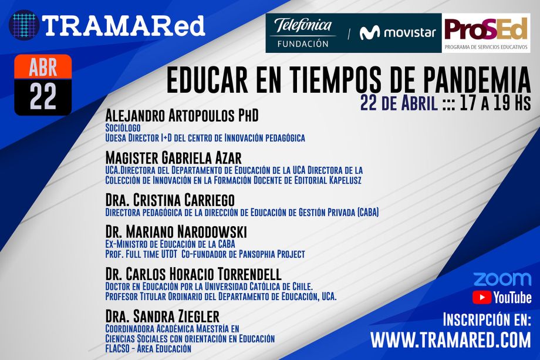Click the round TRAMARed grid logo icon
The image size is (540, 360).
tap(23, 25)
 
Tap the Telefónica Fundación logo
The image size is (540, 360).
tap(303, 33)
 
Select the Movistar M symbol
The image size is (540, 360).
tap(370, 33)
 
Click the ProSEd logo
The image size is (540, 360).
tap(486, 33)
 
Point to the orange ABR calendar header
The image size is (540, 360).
tap(43, 67)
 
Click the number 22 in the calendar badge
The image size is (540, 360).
tap(43, 97)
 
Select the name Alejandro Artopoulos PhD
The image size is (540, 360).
tap(182, 116)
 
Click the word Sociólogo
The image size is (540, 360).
tap(123, 128)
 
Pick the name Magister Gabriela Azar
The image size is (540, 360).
tap(174, 158)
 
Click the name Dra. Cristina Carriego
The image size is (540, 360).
tap(170, 200)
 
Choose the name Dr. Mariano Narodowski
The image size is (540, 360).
tap(176, 232)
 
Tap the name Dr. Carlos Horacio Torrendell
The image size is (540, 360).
tap(193, 274)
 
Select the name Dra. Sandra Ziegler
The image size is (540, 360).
tap(162, 317)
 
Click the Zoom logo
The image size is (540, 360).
tap(502, 280)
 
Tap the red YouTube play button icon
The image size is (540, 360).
tap(481, 298)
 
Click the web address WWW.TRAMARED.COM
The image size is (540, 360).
tap(451, 340)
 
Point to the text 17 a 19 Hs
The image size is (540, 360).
tap(495, 103)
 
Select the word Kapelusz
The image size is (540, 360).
tap(345, 180)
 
